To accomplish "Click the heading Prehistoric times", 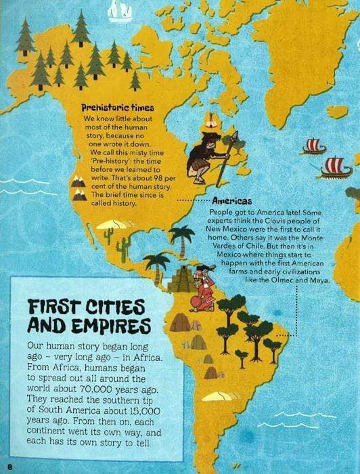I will pyautogui.click(x=118, y=108).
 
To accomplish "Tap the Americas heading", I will pyautogui.click(x=231, y=202).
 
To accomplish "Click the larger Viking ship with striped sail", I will pyautogui.click(x=336, y=167).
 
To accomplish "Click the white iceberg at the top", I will pyautogui.click(x=120, y=8).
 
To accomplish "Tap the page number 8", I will pyautogui.click(x=10, y=466).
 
